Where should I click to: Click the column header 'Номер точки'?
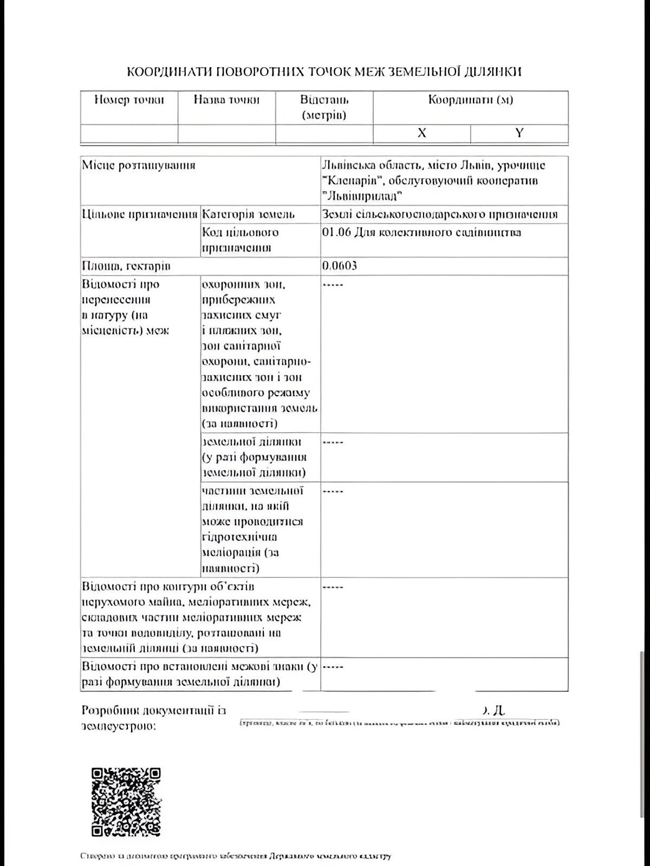129,100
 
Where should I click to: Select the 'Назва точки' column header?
226,100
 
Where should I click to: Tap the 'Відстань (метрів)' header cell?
324,107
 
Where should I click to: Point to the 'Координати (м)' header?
470,100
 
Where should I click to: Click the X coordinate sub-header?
421,133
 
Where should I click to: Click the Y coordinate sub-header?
519,133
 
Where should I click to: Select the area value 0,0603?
340,266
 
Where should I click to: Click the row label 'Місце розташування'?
139,166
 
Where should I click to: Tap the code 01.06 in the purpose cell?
336,232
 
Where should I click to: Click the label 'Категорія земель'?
248,214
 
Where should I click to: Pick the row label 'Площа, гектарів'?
126,266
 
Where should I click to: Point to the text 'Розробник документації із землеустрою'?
153,718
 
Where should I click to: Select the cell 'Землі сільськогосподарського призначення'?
439,214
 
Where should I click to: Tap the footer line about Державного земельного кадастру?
235,856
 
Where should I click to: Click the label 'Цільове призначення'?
140,214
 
